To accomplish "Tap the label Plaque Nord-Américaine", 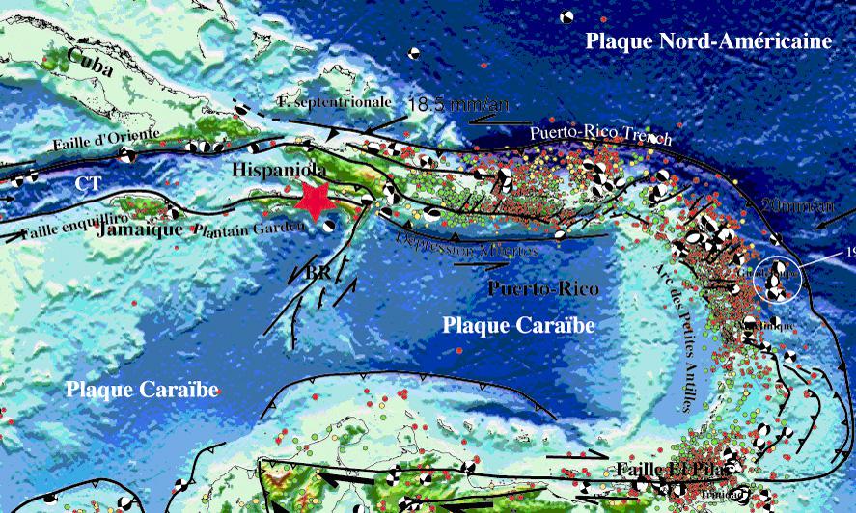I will coord(708,41).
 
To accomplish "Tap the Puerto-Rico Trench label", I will coord(600,136).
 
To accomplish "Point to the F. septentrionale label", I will coord(333,100).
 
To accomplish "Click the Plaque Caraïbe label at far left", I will coord(142,390).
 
